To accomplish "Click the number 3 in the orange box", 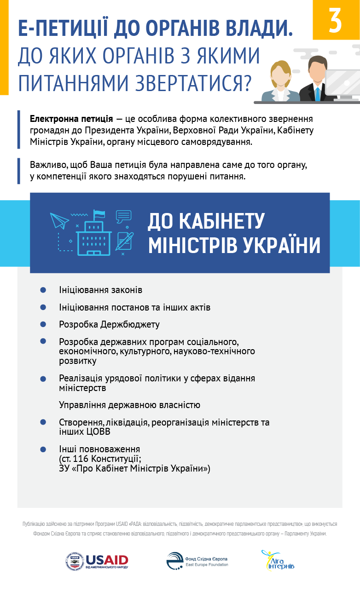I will [336, 20].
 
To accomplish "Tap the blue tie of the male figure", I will [317, 94].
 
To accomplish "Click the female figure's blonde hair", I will [279, 69].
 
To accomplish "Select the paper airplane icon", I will [59, 220].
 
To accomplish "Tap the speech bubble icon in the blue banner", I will [123, 216].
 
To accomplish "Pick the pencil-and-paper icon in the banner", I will [124, 241].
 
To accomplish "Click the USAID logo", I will [97, 561].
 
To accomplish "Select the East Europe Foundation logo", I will [197, 561].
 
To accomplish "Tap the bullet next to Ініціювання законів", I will [43, 290].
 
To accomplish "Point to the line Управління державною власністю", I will [129, 405].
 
